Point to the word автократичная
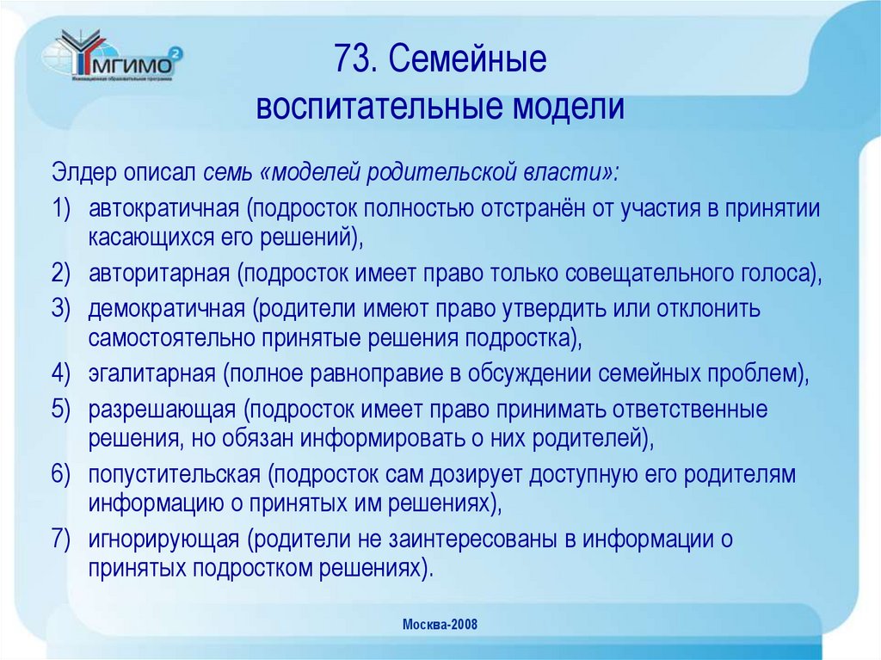163,209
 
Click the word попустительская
174,474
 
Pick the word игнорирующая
163,539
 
